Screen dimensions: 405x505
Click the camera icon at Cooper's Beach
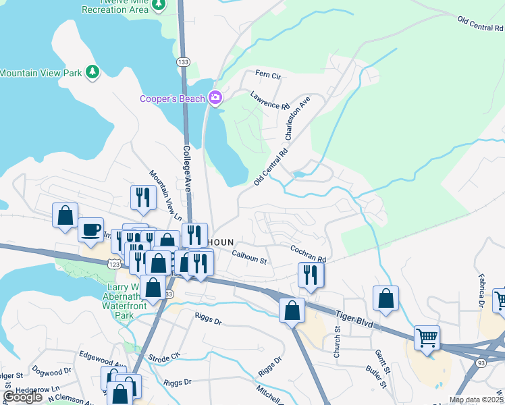tap(215, 99)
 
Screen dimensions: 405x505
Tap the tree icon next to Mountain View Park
tap(92, 72)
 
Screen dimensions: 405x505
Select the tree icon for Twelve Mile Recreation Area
tap(158, 5)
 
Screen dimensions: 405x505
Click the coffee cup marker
tap(90, 230)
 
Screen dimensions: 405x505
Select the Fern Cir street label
tap(267, 74)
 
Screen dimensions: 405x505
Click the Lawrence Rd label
tap(269, 101)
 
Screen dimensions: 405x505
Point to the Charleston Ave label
tap(297, 118)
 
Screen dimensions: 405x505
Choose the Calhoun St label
tap(250, 257)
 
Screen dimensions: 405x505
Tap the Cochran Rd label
tap(308, 254)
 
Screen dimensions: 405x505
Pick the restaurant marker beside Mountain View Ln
tap(142, 197)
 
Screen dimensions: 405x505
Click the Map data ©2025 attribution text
tap(476, 400)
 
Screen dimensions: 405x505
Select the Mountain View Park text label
tap(41, 72)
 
